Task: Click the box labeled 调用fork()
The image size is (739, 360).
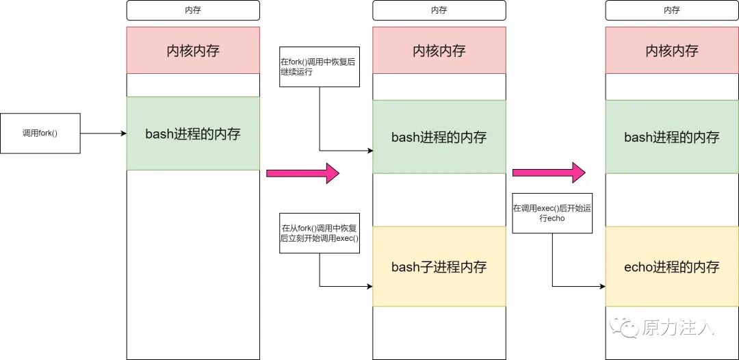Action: [40, 133]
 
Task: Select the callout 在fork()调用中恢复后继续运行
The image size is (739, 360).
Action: [319, 66]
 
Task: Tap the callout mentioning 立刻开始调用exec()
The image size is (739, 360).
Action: [319, 233]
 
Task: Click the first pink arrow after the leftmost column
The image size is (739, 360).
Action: [302, 174]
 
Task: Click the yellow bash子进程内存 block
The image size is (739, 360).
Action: [439, 266]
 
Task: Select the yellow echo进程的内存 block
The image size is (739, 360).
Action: [671, 266]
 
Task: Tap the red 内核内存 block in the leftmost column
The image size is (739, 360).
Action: [193, 50]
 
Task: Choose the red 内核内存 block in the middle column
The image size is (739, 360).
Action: [439, 50]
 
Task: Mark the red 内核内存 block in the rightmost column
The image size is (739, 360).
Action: [671, 50]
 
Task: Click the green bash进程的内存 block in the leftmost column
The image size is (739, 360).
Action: [193, 133]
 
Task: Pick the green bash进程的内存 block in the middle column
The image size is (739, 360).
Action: [439, 137]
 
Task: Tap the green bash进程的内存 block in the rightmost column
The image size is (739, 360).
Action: [671, 137]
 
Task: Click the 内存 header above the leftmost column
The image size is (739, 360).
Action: [193, 10]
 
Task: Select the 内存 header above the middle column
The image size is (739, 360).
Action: [439, 10]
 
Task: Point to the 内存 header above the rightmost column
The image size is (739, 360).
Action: [671, 10]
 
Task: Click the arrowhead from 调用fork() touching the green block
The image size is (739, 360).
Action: [123, 133]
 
